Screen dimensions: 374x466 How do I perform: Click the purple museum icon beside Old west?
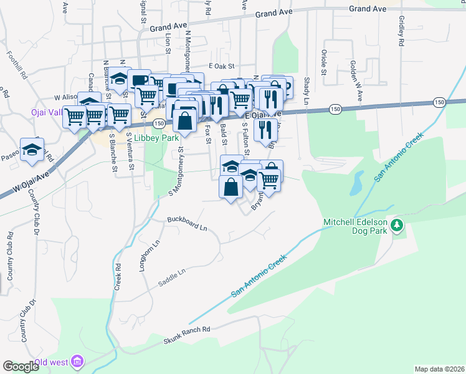[x=77, y=361]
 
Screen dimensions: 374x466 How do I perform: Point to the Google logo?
[x=21, y=366]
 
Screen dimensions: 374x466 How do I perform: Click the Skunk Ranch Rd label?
[x=188, y=335]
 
